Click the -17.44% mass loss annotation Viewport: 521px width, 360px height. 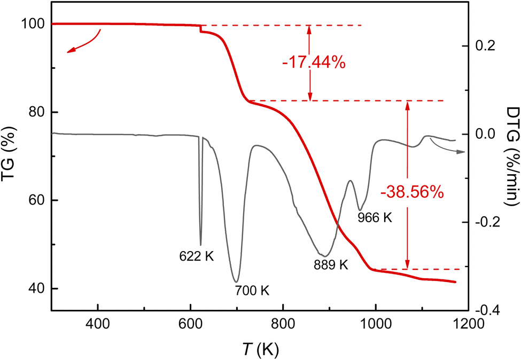click(x=314, y=62)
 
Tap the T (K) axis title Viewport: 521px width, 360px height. click(x=259, y=349)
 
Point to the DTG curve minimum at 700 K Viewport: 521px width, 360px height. click(x=236, y=281)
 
